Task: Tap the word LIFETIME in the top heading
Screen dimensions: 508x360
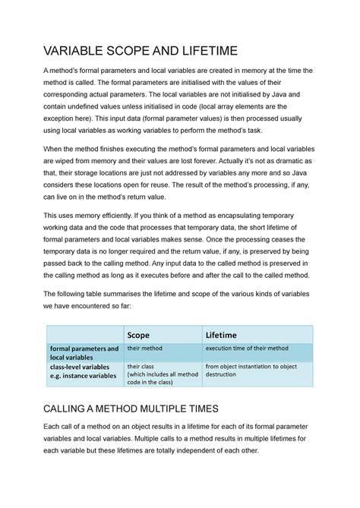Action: pyautogui.click(x=209, y=51)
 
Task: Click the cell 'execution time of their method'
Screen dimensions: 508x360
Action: pyautogui.click(x=247, y=349)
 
